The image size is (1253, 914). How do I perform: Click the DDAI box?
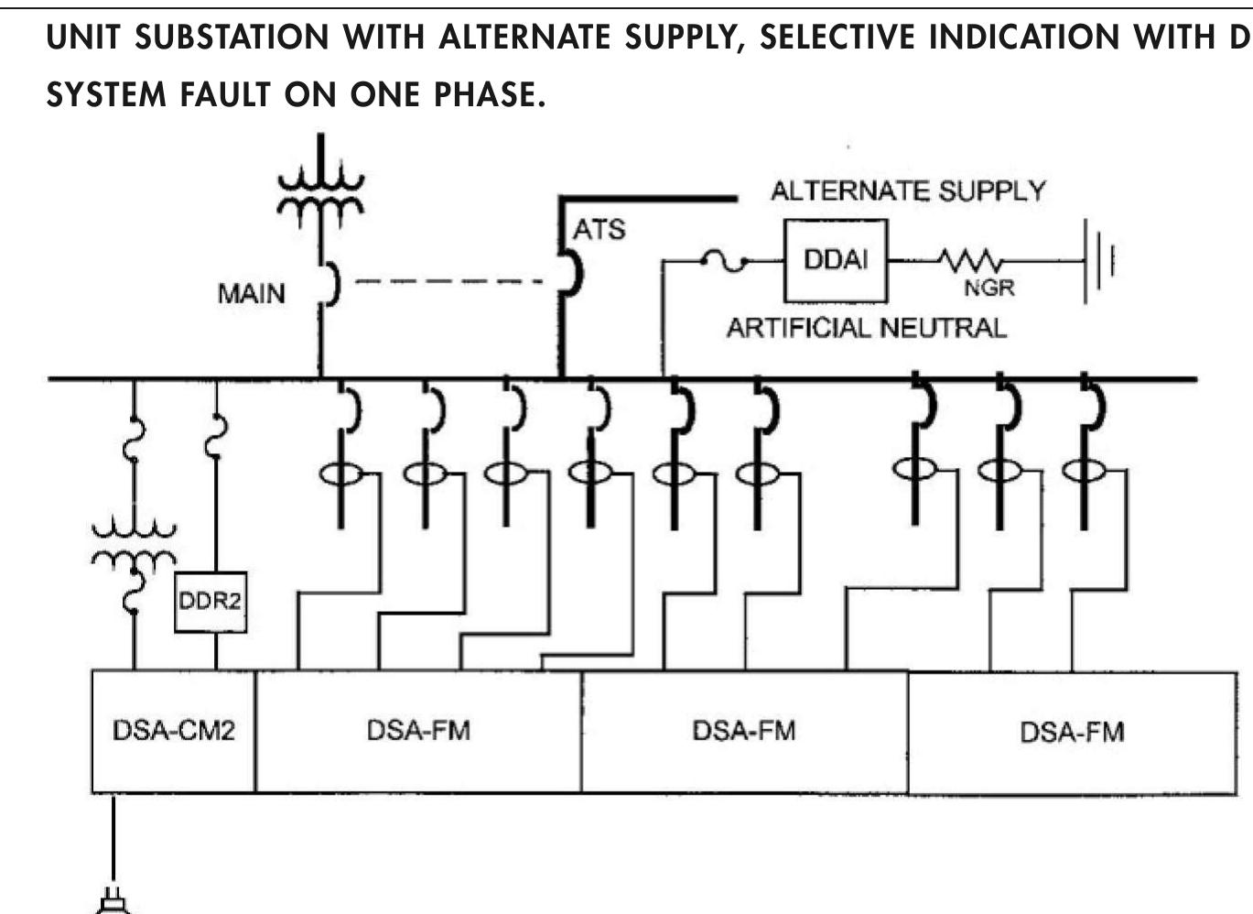(x=835, y=261)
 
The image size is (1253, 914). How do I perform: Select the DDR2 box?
(x=211, y=602)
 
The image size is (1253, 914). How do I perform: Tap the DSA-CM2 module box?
(x=173, y=732)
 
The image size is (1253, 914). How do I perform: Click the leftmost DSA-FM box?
(x=418, y=732)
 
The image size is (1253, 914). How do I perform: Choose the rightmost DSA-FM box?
(x=1072, y=733)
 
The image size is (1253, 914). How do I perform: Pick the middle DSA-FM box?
(x=744, y=732)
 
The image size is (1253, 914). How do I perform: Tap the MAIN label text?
(x=251, y=294)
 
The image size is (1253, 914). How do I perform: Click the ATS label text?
(x=599, y=229)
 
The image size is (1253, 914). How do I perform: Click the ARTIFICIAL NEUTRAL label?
(x=866, y=328)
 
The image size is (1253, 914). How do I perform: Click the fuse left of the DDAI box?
(x=723, y=262)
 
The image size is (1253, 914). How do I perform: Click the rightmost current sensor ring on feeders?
(x=1084, y=471)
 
